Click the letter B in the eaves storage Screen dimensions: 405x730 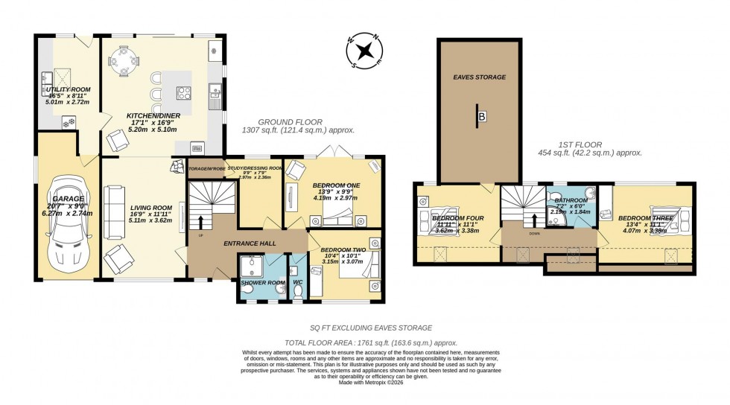pyautogui.click(x=482, y=117)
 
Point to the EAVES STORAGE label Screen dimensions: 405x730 pyautogui.click(x=480, y=77)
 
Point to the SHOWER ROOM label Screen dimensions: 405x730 pyautogui.click(x=262, y=283)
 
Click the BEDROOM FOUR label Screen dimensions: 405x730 pyautogui.click(x=460, y=217)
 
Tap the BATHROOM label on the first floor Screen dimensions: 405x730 pyautogui.click(x=571, y=200)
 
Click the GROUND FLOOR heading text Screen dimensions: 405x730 pyautogui.click(x=290, y=121)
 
